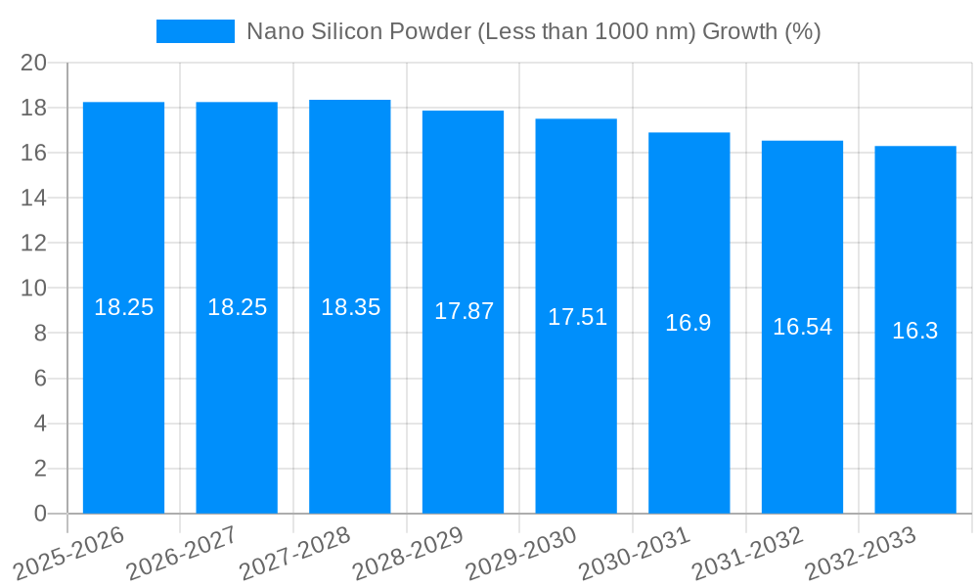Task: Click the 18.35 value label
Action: coord(350,307)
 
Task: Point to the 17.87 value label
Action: coord(464,311)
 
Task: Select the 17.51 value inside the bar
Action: coord(577,317)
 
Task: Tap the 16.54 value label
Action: coord(802,327)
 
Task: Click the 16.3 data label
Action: coord(915,331)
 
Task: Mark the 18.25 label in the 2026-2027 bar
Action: coord(237,307)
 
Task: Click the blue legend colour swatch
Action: coord(196,31)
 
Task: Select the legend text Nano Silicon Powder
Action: coord(533,31)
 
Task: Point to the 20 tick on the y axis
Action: coord(34,63)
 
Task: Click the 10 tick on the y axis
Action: coord(34,289)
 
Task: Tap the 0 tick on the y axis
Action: coord(40,514)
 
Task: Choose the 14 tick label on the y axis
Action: coord(34,198)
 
